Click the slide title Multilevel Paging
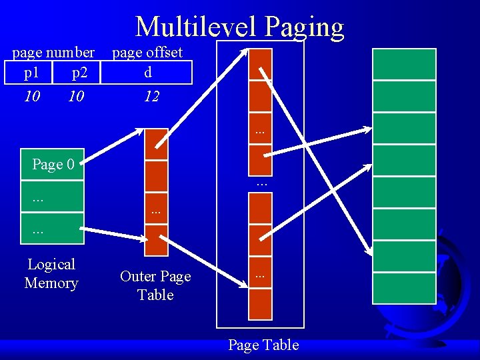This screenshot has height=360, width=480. click(x=239, y=27)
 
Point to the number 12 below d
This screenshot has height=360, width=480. click(x=151, y=97)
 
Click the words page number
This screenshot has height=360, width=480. click(x=53, y=52)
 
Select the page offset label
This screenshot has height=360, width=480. click(x=147, y=52)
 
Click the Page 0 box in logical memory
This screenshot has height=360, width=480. click(x=53, y=164)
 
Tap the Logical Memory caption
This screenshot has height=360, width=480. click(x=51, y=273)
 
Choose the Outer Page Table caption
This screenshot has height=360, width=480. click(x=155, y=285)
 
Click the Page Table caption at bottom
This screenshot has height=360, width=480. click(x=263, y=345)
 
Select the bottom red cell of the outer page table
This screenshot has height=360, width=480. click(x=156, y=241)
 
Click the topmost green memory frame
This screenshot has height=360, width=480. click(x=404, y=64)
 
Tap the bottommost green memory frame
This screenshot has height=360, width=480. click(x=404, y=288)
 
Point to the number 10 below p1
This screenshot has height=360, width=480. click(x=31, y=97)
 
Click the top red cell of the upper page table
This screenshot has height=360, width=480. click(x=260, y=64)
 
